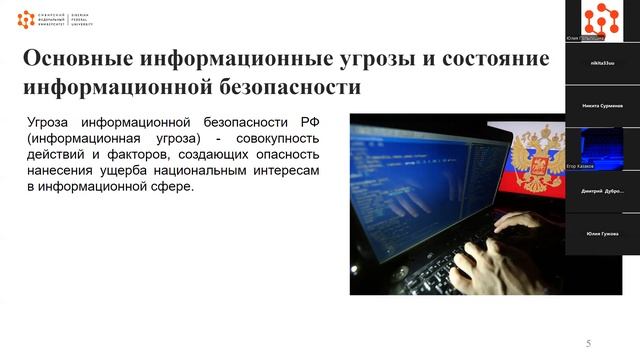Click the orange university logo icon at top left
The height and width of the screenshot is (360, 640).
25,19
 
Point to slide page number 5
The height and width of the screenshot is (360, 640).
588,344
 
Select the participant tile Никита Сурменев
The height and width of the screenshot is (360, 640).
601,104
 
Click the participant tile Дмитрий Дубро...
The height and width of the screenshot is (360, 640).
601,190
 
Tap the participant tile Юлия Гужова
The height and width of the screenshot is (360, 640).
601,233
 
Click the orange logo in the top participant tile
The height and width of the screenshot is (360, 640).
601,17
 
